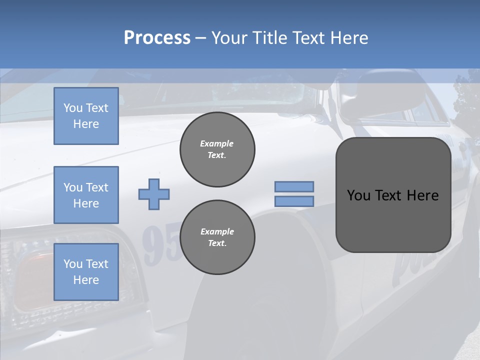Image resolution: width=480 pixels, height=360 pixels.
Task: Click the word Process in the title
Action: [157, 38]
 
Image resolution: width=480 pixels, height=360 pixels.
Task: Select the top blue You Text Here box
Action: [86, 116]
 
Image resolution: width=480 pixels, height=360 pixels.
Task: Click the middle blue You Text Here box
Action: [86, 195]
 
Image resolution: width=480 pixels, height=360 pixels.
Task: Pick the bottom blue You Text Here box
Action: [86, 272]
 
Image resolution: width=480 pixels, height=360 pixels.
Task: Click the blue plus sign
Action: [154, 194]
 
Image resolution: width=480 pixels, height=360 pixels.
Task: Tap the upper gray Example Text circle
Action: [217, 149]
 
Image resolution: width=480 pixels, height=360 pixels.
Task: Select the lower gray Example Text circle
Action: [217, 237]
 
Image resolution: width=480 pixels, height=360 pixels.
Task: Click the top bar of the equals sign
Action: [294, 186]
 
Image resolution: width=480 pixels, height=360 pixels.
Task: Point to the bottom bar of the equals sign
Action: [294, 201]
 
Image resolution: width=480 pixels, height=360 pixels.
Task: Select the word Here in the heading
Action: [350, 38]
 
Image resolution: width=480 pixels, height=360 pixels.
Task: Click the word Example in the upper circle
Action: [217, 143]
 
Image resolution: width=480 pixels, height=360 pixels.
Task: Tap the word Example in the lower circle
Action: [217, 231]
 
